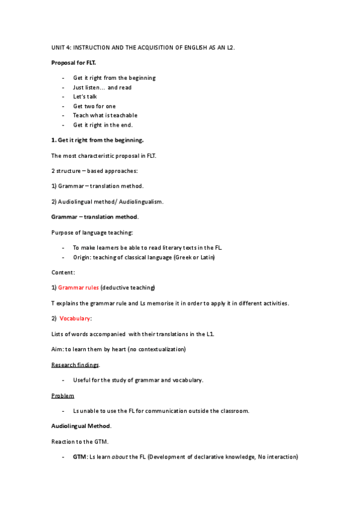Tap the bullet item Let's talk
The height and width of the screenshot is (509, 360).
[85, 97]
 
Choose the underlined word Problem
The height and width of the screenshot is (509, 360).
[63, 396]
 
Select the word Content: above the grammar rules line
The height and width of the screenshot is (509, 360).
[63, 273]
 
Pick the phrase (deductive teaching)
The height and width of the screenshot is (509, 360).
[128, 288]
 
